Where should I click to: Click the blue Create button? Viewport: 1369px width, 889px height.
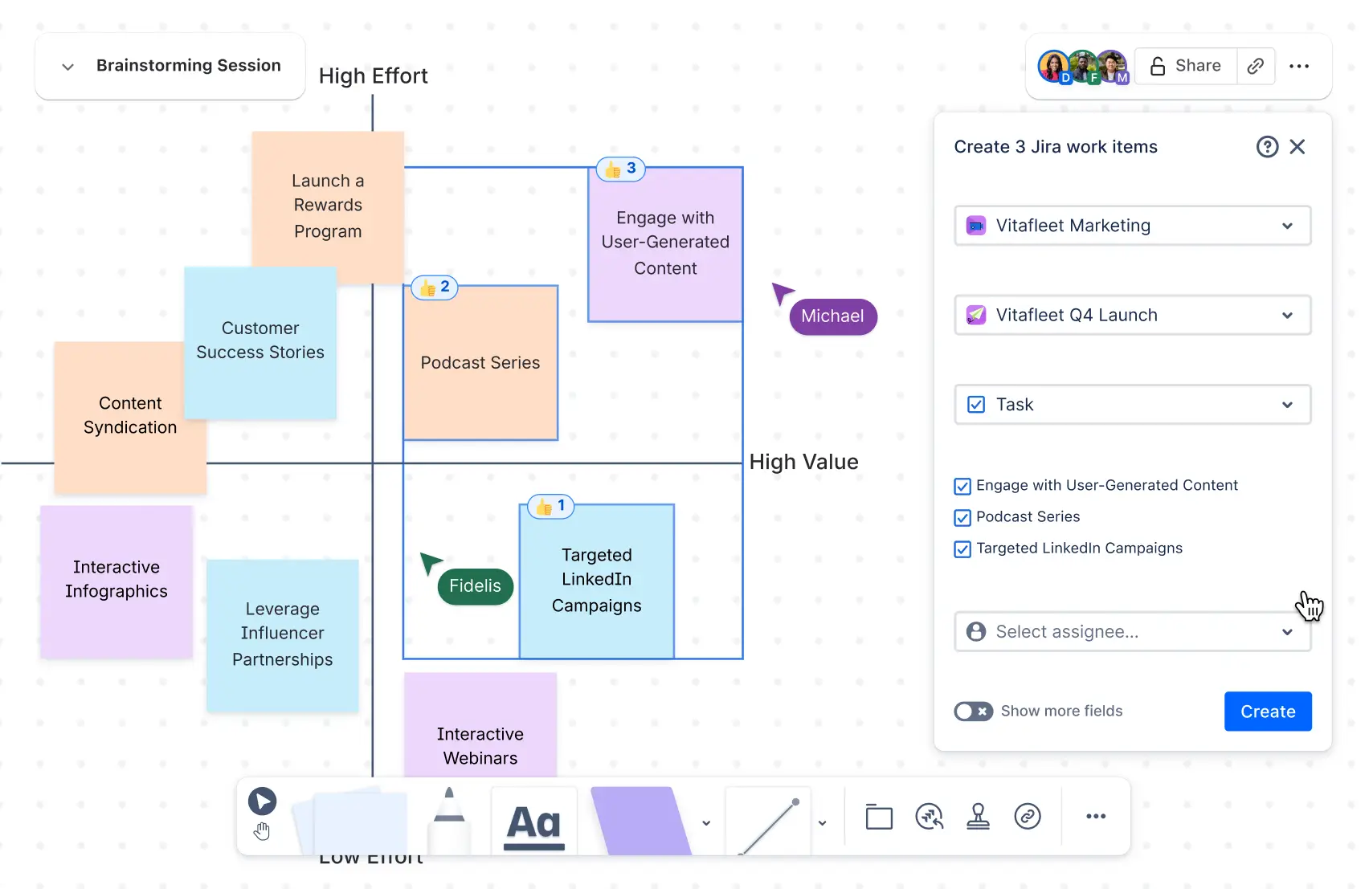(1267, 712)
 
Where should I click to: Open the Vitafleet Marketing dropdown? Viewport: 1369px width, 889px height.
(1132, 226)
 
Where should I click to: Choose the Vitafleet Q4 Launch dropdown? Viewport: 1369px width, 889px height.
(1132, 315)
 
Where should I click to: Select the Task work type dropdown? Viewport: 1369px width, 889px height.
(1132, 405)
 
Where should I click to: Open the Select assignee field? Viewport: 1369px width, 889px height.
(1132, 632)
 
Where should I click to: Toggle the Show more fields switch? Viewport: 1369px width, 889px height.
(973, 712)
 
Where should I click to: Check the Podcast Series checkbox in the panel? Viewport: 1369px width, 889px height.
(962, 518)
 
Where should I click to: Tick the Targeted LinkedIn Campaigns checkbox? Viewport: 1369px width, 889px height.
(962, 549)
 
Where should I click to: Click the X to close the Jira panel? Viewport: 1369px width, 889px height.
(1297, 147)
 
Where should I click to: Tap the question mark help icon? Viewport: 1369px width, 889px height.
(1267, 147)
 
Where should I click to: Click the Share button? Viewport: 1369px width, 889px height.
(1186, 66)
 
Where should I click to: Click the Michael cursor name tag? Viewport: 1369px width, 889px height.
(832, 316)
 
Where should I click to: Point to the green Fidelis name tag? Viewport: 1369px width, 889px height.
(475, 586)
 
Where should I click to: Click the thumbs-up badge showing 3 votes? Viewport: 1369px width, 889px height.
(621, 169)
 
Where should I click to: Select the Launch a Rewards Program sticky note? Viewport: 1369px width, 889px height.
(328, 206)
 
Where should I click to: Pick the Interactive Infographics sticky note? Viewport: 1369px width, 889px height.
(116, 580)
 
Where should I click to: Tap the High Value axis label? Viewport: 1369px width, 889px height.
(803, 462)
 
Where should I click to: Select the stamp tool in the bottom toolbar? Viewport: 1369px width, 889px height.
(978, 817)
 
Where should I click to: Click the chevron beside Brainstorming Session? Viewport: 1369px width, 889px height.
(68, 67)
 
